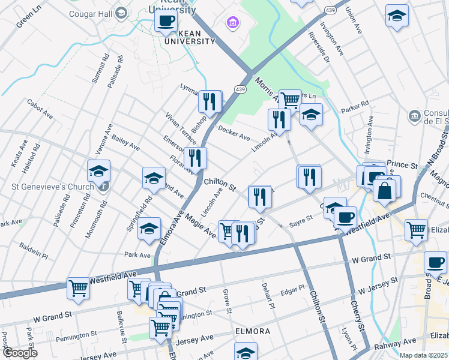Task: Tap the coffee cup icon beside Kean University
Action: [165, 22]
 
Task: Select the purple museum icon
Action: [232, 23]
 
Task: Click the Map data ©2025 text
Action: [423, 355]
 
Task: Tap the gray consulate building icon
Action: [414, 115]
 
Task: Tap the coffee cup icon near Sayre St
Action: [345, 217]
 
